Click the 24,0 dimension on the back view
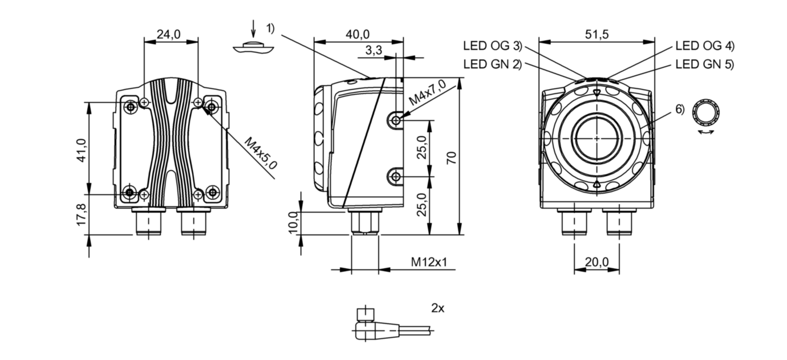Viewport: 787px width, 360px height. click(x=168, y=35)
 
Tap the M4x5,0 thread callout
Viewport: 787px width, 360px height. click(x=261, y=153)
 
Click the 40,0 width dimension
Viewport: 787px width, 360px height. click(x=358, y=35)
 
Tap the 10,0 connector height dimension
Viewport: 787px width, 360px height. click(x=293, y=223)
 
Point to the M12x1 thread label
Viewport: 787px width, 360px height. click(x=429, y=262)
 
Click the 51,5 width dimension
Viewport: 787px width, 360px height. click(x=597, y=35)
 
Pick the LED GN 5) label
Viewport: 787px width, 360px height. click(x=704, y=64)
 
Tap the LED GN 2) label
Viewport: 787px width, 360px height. click(x=492, y=64)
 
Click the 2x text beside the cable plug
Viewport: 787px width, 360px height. click(x=437, y=309)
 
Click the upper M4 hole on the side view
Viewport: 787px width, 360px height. click(x=395, y=120)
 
